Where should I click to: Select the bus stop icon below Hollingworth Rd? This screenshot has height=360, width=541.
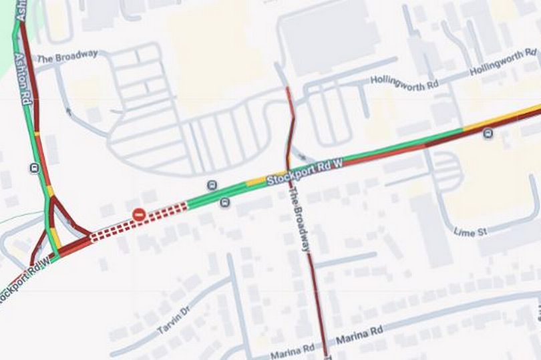click(488, 134)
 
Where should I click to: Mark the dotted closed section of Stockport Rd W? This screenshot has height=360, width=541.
click(139, 221)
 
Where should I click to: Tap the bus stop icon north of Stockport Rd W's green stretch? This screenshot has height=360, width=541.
click(212, 185)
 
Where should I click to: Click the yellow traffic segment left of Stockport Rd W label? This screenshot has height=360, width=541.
click(256, 181)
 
